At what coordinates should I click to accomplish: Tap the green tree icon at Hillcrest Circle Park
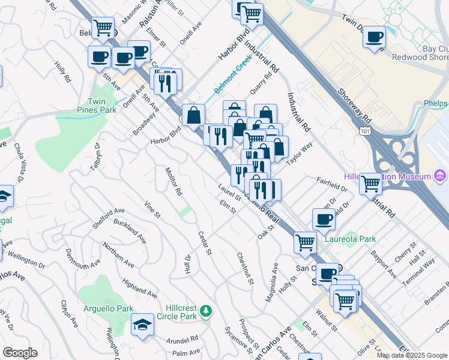coord(206,310)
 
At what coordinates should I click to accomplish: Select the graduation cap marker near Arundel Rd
coord(142,325)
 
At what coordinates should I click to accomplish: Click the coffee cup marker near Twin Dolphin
coord(374,37)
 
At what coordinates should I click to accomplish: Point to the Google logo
coord(20,353)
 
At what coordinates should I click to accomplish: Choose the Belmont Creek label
coord(233,80)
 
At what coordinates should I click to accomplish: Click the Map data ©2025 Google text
coord(412,355)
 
